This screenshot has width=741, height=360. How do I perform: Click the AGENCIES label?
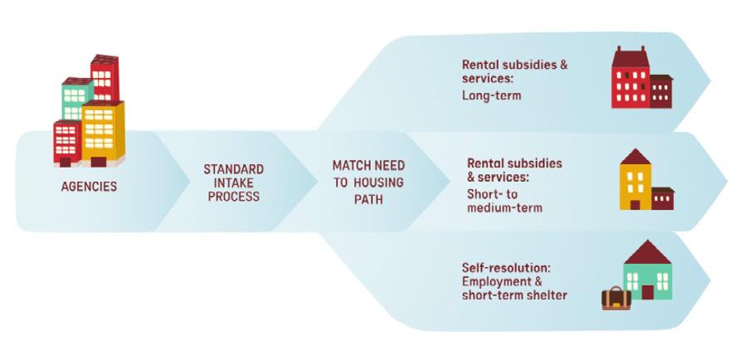[89, 187]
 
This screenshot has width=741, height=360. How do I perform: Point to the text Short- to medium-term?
[504, 200]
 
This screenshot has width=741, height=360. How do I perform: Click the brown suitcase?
[617, 298]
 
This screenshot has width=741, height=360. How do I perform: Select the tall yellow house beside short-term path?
[636, 182]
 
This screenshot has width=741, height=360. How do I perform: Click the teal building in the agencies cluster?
[76, 100]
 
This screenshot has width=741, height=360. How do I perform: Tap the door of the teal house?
[647, 291]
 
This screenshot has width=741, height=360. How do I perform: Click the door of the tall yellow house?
[636, 204]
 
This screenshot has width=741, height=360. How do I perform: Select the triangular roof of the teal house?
[646, 251]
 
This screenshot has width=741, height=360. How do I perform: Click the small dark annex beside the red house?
[661, 90]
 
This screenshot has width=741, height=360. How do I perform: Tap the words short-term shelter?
[514, 295]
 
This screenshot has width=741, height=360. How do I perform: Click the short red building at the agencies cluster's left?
[66, 143]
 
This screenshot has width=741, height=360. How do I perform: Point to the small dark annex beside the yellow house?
[662, 199]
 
